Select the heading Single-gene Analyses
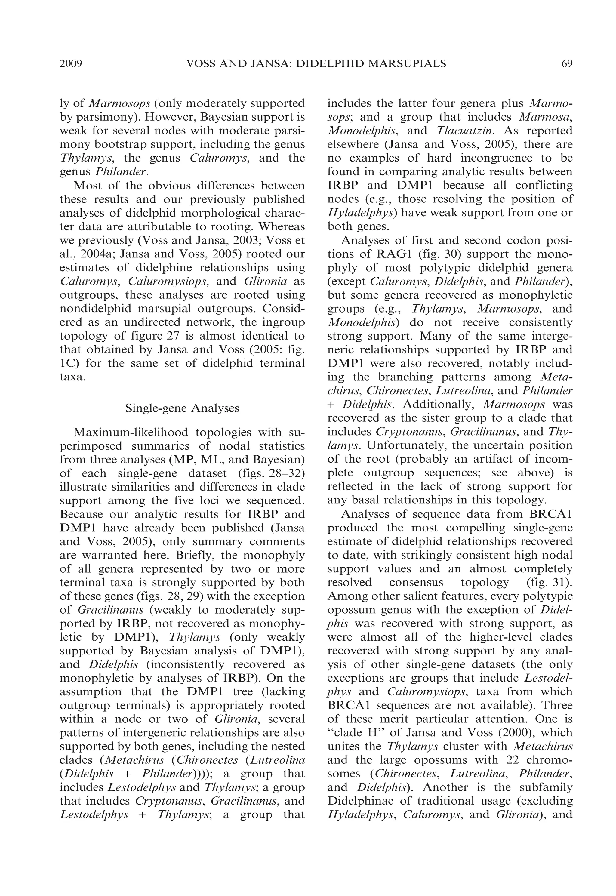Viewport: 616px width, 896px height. [182, 408]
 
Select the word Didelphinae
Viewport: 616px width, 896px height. [361, 801]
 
